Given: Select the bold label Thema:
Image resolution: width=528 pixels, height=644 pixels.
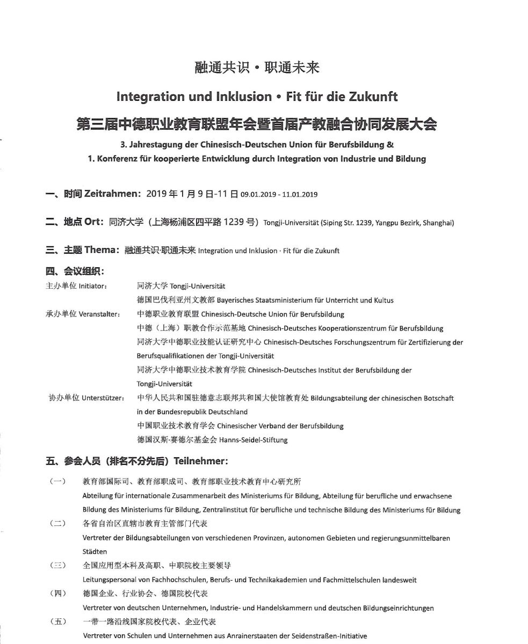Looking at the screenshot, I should (x=102, y=250).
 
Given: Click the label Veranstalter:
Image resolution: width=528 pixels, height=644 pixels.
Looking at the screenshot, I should (x=99, y=314).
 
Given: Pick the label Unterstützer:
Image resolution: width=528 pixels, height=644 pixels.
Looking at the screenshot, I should (x=103, y=398).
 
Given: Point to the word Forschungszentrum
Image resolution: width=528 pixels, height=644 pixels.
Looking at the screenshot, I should (x=345, y=342).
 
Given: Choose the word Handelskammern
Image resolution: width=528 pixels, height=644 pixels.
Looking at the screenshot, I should (x=284, y=608).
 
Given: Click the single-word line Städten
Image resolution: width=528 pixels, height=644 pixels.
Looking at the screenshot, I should (x=95, y=552).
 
